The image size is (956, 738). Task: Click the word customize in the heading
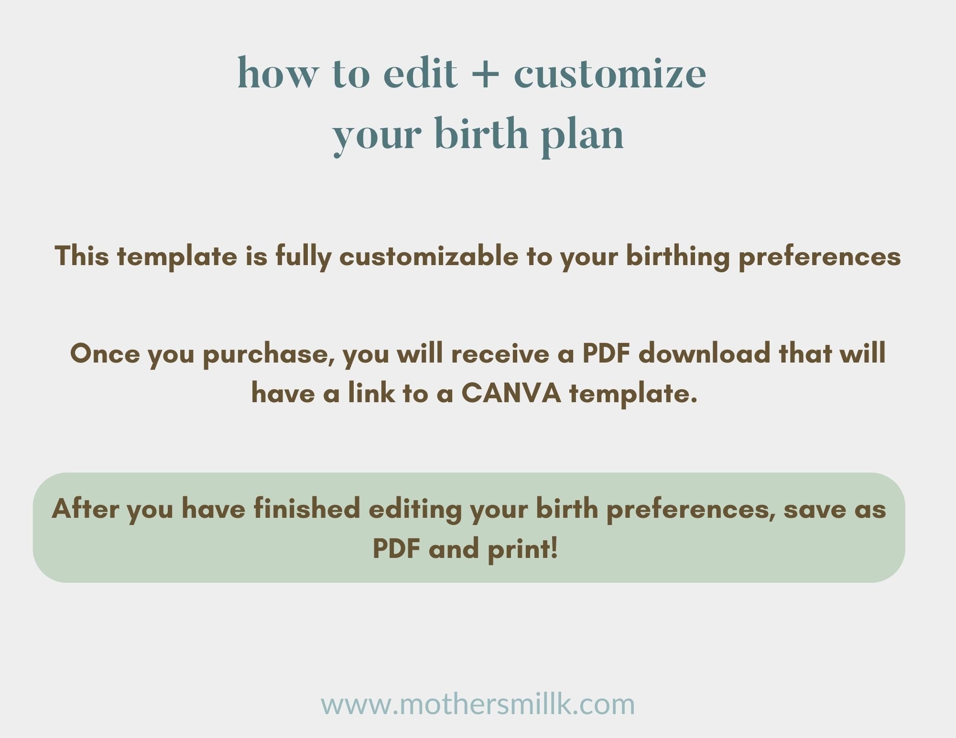pyautogui.click(x=609, y=74)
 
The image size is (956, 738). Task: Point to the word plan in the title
pyautogui.click(x=582, y=135)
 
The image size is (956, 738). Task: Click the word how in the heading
pyautogui.click(x=278, y=74)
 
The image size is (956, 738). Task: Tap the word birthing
pyautogui.click(x=678, y=257)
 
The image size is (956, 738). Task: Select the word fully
pyautogui.click(x=303, y=257)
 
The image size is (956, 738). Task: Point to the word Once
pyautogui.click(x=105, y=354)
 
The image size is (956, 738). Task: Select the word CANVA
pyautogui.click(x=511, y=394)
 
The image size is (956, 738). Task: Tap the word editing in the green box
pyautogui.click(x=415, y=509)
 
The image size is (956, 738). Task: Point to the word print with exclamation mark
pyautogui.click(x=523, y=549)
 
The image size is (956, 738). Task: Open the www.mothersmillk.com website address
pyautogui.click(x=478, y=705)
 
